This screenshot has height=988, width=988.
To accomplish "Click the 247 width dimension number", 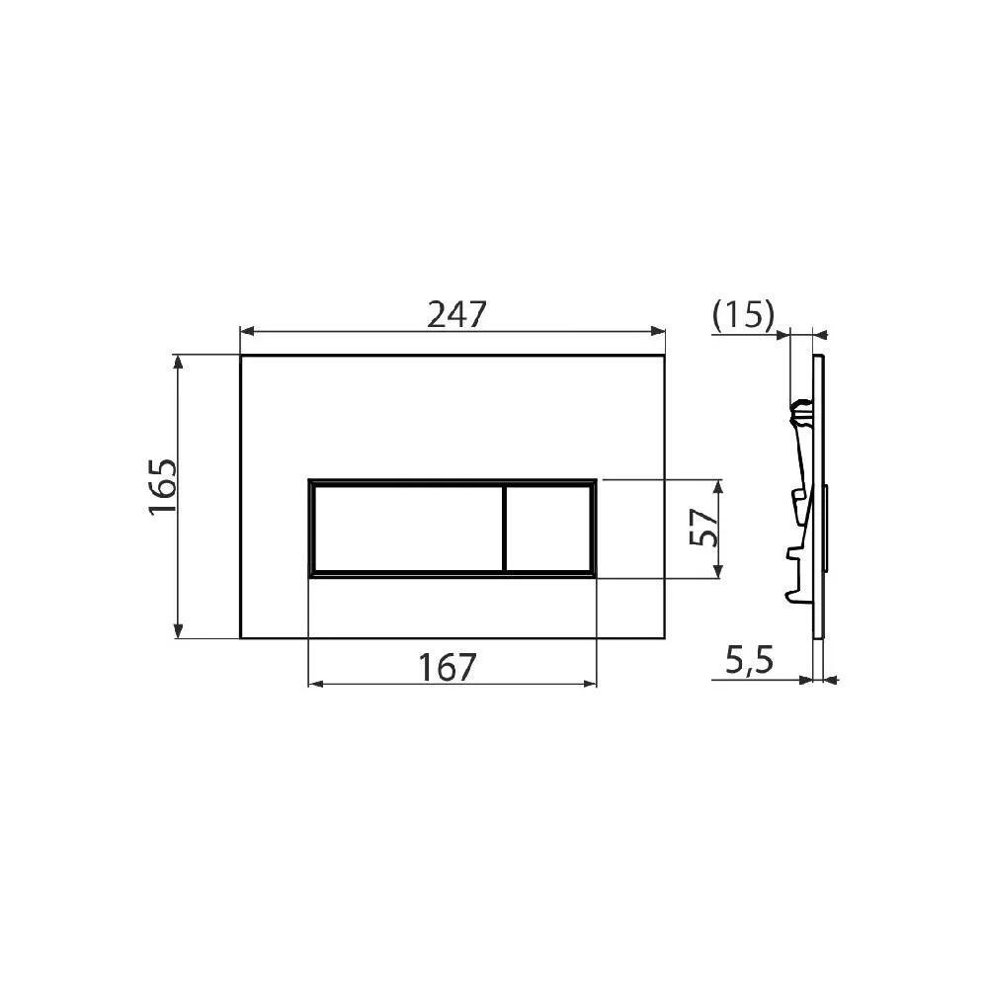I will click(457, 314).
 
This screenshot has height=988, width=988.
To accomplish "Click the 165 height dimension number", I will click(162, 485).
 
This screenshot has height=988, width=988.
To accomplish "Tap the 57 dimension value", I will click(701, 529).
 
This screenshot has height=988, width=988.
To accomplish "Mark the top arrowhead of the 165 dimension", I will click(179, 361).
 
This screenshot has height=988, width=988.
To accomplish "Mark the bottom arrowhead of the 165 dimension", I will click(179, 631).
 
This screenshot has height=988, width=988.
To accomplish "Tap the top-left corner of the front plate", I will click(241, 355).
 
